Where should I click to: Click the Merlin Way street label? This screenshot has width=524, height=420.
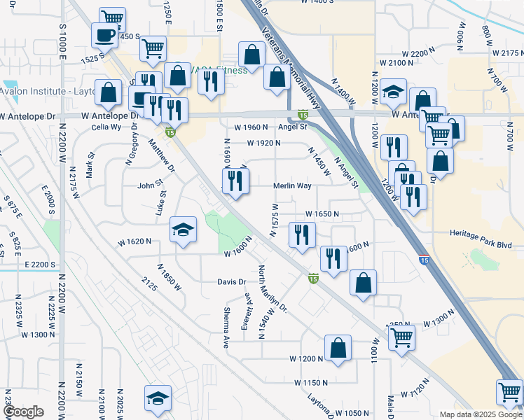[292, 186]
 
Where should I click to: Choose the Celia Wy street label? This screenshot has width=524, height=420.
[106, 127]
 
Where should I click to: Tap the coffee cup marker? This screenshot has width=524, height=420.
[105, 36]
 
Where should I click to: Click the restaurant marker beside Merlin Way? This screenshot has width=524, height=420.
[235, 181]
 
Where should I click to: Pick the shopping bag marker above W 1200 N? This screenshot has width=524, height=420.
[338, 348]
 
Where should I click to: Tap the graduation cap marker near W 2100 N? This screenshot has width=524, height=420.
[394, 92]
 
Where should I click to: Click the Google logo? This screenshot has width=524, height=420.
[23, 412]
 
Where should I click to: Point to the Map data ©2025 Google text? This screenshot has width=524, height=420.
[480, 414]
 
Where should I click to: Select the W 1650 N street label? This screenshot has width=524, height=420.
[322, 214]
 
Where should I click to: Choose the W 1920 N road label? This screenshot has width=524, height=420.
[263, 143]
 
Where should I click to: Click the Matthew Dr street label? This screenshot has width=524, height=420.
[161, 155]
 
